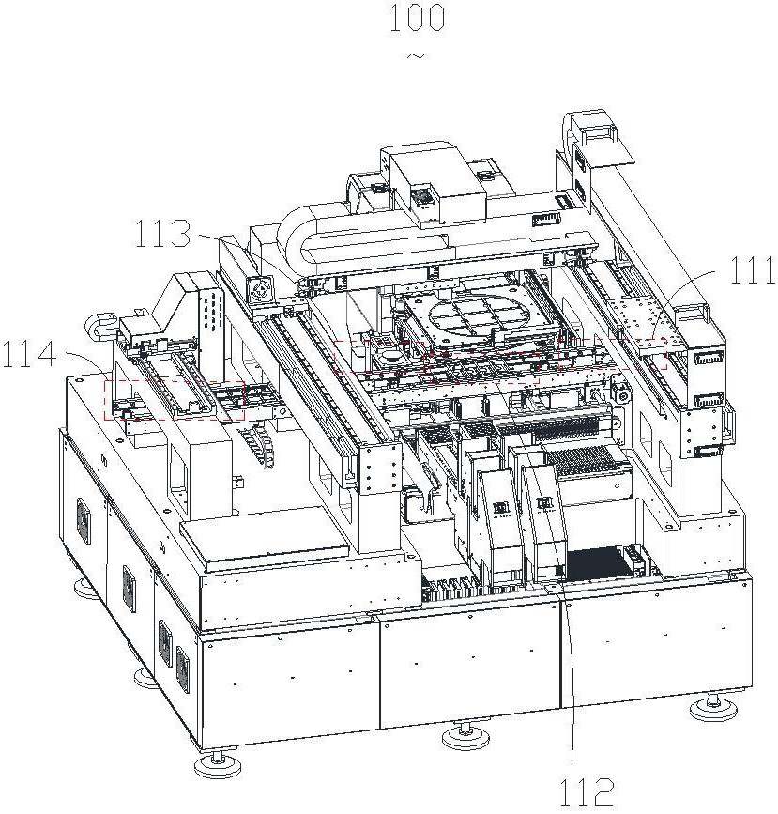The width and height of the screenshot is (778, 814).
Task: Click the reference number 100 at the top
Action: [417, 17]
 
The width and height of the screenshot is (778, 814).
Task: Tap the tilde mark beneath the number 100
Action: [417, 55]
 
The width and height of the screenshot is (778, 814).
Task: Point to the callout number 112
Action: [586, 792]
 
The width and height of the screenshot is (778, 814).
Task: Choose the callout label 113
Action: [163, 234]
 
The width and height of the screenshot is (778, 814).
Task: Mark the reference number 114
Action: [28, 355]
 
